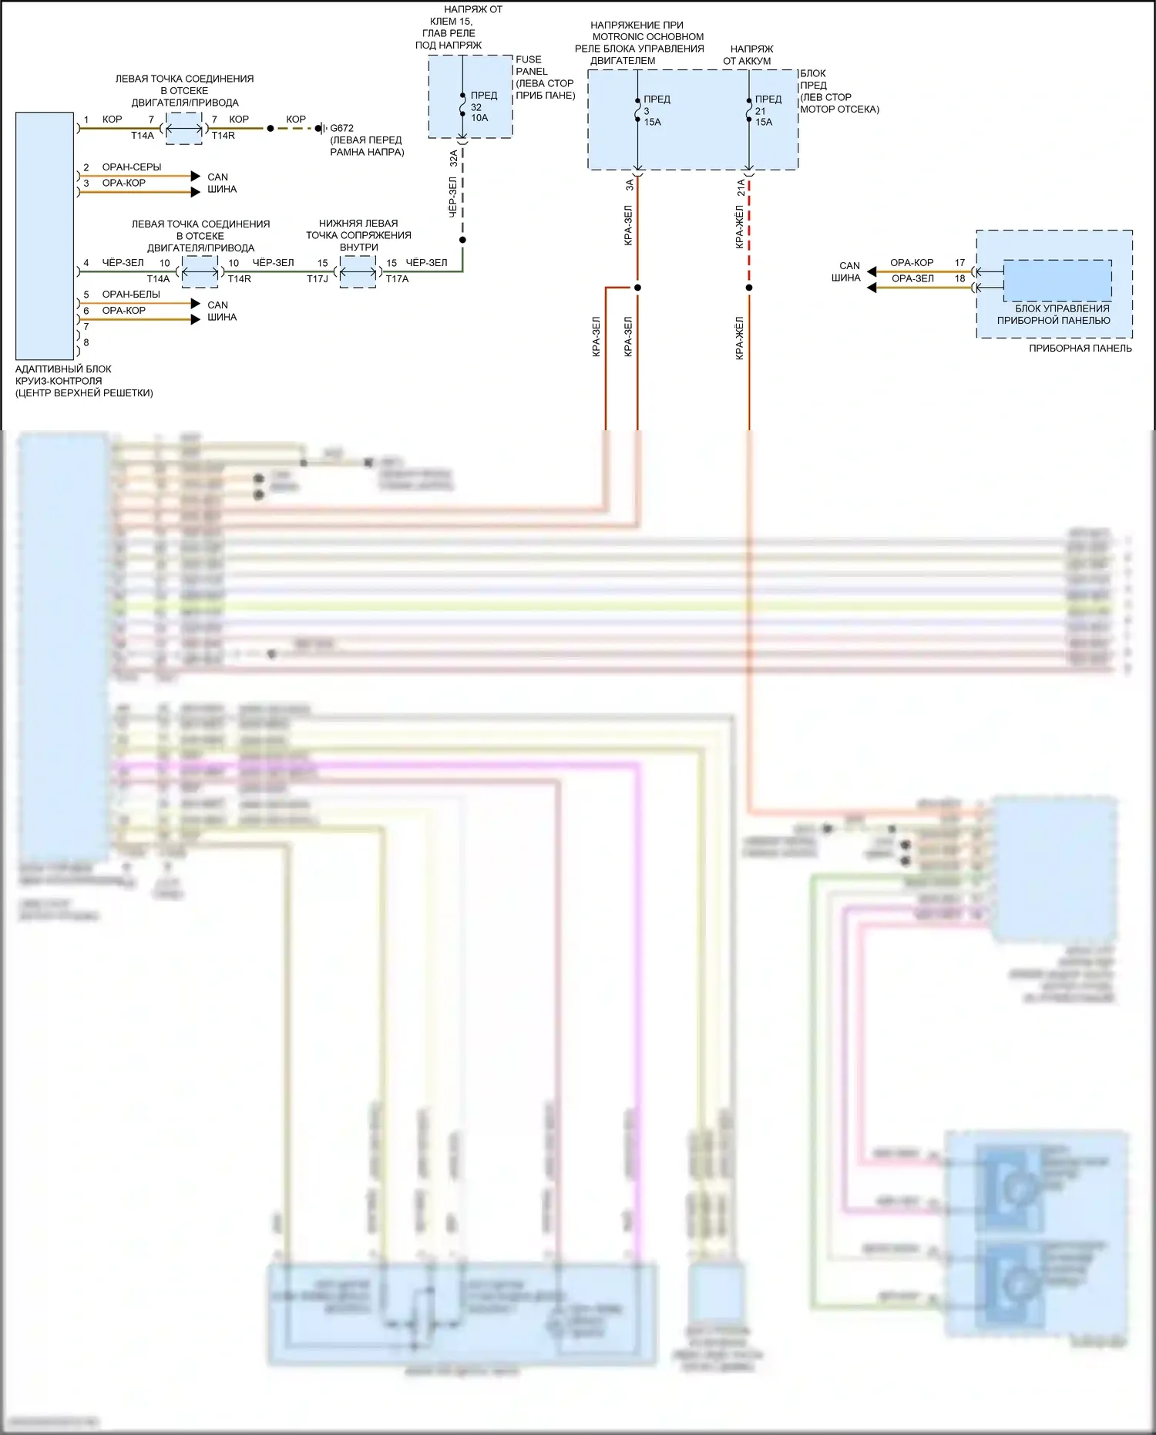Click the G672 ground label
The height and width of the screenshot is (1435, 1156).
coord(342,128)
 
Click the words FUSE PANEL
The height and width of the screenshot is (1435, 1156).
coord(531,65)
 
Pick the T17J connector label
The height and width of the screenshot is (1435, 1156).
coord(318,278)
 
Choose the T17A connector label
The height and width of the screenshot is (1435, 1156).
coord(397,278)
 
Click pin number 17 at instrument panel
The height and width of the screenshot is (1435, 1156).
coord(959,263)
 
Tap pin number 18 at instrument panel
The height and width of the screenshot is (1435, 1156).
coord(959,278)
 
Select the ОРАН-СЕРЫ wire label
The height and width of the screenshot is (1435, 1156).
coord(132,167)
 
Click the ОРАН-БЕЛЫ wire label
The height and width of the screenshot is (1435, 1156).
coord(131,295)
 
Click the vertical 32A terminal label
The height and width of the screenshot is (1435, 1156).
coord(454,158)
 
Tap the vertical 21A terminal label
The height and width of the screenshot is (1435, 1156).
coord(741,187)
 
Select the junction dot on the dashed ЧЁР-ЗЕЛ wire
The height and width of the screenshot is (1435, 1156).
coord(462,240)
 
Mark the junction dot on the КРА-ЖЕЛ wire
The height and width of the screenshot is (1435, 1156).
coord(749,288)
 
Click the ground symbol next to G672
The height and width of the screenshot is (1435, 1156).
coord(320,128)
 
